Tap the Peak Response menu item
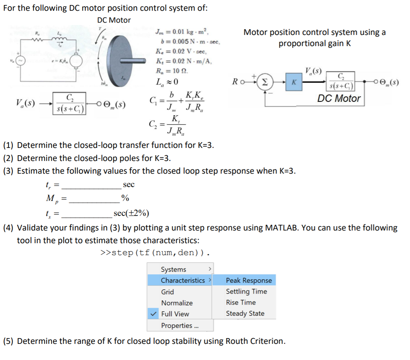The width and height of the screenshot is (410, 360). click(248, 280)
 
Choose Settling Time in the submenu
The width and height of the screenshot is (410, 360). click(246, 292)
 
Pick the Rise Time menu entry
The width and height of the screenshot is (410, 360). click(241, 302)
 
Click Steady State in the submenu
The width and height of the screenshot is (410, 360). click(245, 314)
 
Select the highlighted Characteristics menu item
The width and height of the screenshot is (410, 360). click(183, 280)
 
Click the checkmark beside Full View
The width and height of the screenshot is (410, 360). click(153, 314)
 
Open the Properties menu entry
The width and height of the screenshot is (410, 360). click(177, 325)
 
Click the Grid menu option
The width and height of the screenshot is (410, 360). click(167, 292)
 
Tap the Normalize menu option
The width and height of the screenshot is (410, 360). click(177, 303)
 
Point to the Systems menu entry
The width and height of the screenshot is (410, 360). click(173, 270)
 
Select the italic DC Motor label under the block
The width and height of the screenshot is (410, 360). click(339, 98)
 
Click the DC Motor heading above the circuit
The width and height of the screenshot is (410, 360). click(114, 20)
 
